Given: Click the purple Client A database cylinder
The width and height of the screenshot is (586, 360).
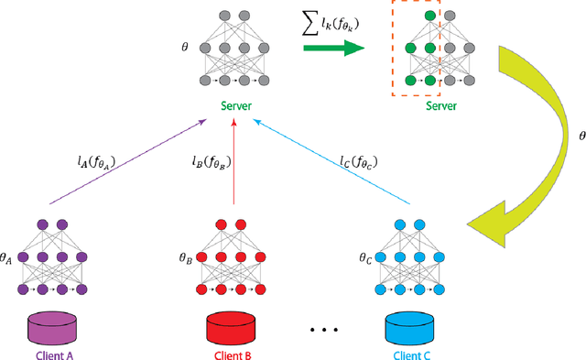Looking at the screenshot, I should coord(52,327).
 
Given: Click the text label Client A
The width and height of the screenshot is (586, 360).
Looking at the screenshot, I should coord(52,354).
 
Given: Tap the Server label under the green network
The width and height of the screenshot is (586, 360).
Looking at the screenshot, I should coord(417,106).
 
